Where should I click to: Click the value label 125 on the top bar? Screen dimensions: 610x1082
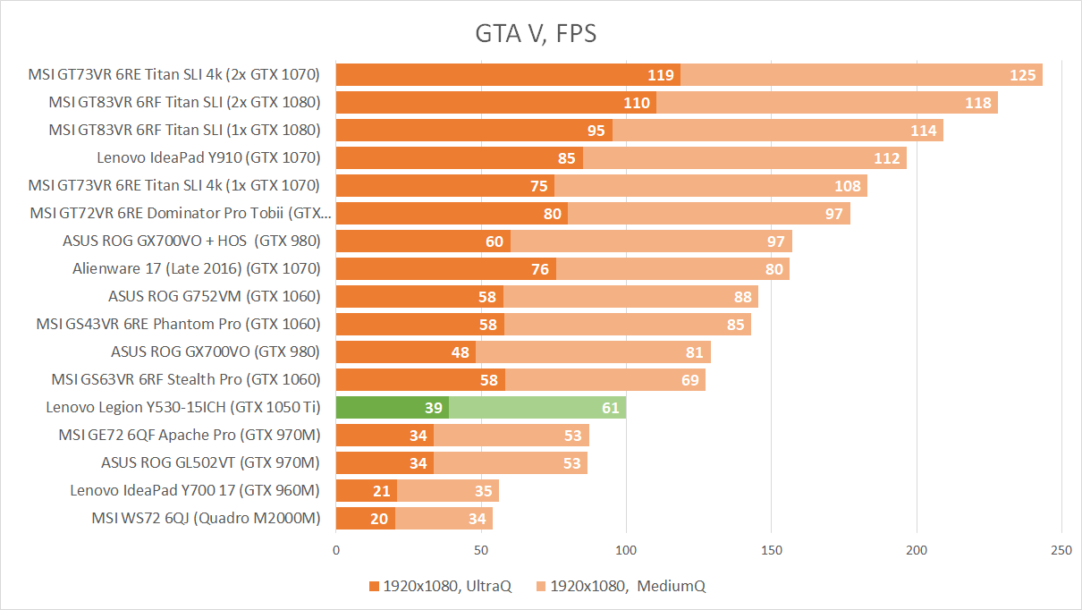click(1022, 75)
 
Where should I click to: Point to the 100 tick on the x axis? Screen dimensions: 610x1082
click(626, 551)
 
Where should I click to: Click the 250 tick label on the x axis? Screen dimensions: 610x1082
click(1061, 551)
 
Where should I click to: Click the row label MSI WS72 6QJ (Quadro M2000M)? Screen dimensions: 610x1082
click(206, 518)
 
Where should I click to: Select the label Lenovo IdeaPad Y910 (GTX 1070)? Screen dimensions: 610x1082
click(208, 157)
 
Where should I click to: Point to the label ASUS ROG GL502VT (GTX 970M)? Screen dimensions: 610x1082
click(210, 462)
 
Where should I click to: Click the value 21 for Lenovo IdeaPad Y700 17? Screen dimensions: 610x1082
click(382, 491)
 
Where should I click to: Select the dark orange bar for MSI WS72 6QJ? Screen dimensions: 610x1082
click(365, 519)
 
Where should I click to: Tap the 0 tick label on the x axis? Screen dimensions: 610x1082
click(336, 551)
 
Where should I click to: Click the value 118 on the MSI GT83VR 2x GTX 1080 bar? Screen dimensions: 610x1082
click(978, 103)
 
